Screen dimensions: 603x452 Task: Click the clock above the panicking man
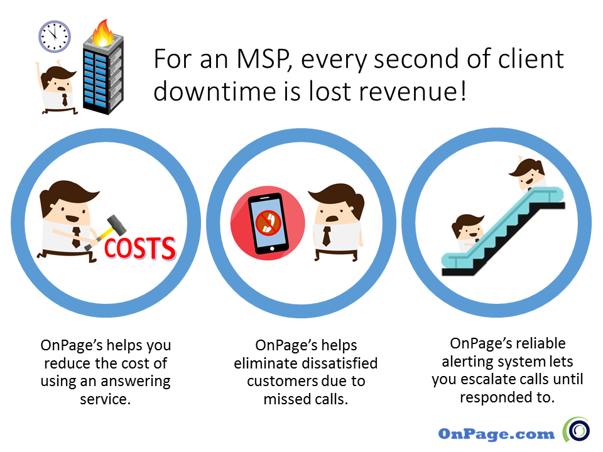(x=54, y=36)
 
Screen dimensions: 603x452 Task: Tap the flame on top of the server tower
(x=102, y=33)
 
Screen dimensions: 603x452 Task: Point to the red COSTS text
(x=140, y=249)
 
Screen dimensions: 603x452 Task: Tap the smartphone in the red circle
(x=268, y=223)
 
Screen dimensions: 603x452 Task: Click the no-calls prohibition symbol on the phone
(x=268, y=222)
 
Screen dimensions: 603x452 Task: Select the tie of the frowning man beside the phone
(x=327, y=236)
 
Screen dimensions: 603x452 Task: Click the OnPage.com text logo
(x=496, y=434)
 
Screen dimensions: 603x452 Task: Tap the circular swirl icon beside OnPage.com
(x=577, y=429)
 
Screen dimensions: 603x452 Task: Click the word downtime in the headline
(x=215, y=92)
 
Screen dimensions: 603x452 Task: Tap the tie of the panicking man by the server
(x=65, y=100)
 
